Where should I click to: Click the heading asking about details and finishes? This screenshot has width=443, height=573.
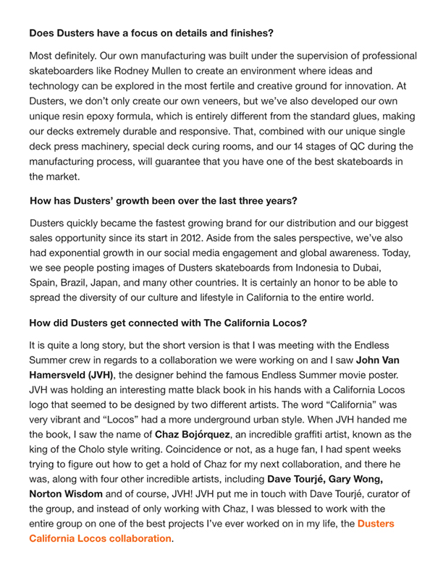pos(151,33)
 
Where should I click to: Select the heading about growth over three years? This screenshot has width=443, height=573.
pos(165,200)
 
